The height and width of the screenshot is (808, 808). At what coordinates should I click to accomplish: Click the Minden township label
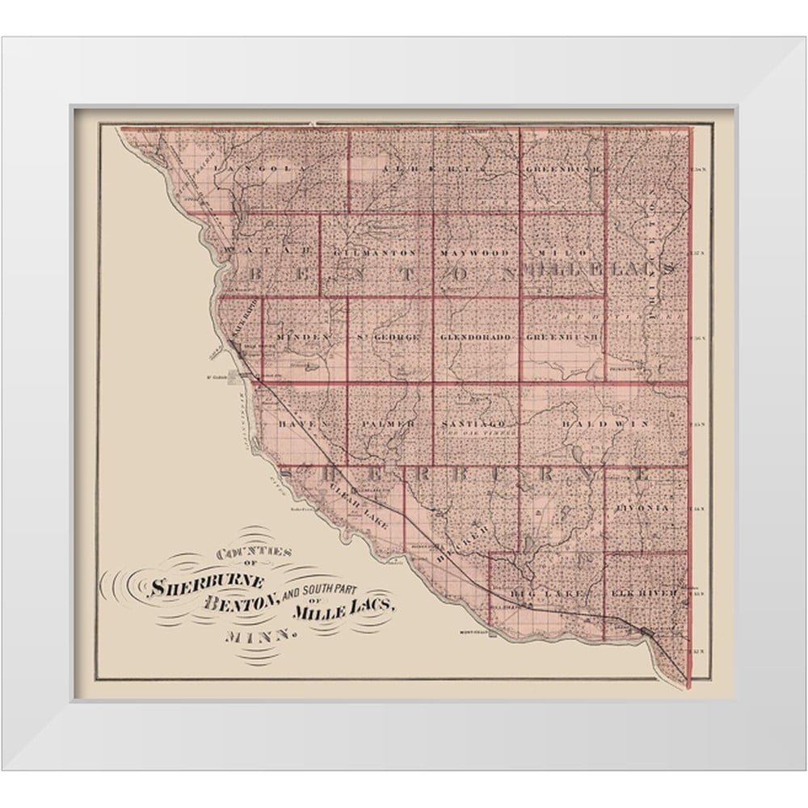304,335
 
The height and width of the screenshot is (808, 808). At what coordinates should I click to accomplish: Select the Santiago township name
474,423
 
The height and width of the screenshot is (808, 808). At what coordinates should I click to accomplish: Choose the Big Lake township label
533,591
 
